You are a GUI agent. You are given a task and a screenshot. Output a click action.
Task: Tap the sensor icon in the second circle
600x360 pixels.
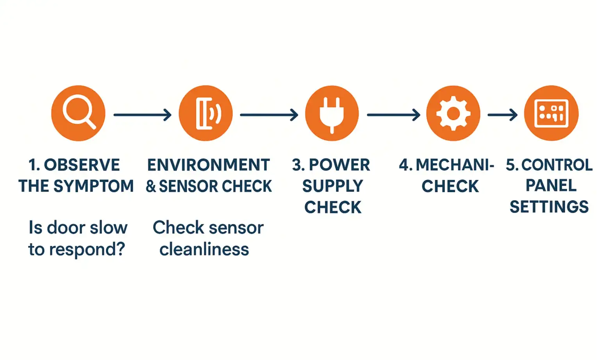(206, 113)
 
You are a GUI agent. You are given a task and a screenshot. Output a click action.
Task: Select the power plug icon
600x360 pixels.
(332, 113)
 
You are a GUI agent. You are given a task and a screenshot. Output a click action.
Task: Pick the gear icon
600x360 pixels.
(453, 113)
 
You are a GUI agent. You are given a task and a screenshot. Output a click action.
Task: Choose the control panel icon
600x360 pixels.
(551, 113)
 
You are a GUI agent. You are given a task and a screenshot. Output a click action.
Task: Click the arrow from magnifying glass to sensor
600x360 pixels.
(142, 115)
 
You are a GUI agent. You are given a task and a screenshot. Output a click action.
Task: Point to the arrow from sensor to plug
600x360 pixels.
(269, 115)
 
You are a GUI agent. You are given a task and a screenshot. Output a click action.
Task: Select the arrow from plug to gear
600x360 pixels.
(393, 115)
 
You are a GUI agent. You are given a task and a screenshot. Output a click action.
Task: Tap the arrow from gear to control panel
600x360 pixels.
(502, 115)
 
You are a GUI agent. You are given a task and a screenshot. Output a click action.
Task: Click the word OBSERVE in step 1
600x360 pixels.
(82, 165)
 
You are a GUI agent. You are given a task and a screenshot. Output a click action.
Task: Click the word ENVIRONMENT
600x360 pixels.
(209, 165)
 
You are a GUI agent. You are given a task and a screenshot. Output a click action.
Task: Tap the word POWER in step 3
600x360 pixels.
(339, 165)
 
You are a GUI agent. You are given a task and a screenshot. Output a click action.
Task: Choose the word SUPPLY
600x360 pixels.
(333, 186)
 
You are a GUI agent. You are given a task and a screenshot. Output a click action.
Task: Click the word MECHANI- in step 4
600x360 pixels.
(455, 165)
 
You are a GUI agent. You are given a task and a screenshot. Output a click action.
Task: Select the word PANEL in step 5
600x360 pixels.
(551, 185)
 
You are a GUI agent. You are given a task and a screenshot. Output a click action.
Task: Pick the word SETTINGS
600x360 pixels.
(549, 206)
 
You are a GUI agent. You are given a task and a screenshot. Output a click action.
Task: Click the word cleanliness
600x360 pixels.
(204, 249)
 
